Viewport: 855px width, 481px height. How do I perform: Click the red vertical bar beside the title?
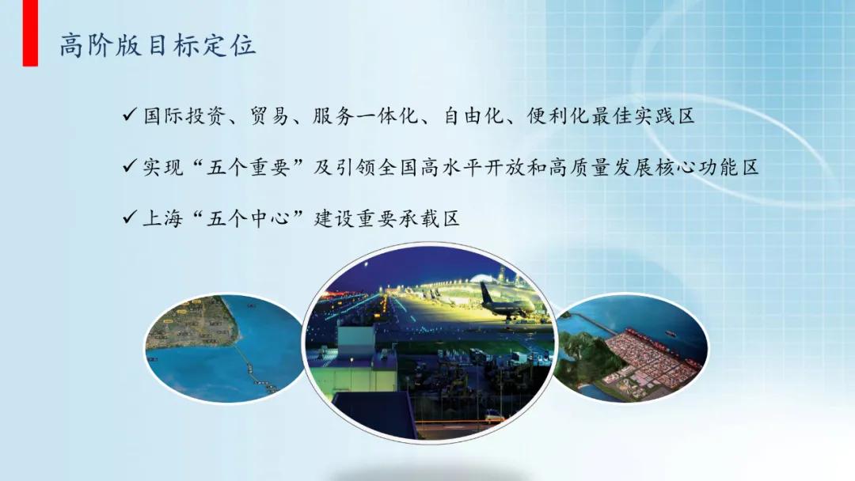point(30,33)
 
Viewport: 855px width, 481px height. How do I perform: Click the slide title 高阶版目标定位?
point(158,45)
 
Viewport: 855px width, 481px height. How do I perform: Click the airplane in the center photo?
point(507,304)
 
